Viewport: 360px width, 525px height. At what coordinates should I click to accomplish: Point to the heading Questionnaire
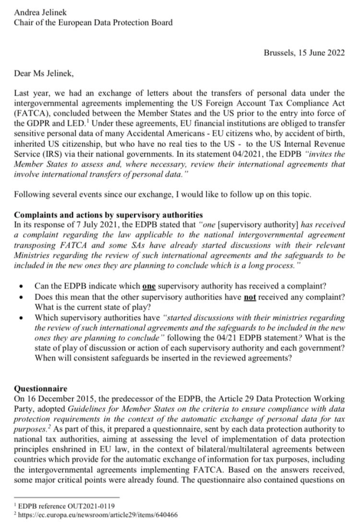[x=40, y=388]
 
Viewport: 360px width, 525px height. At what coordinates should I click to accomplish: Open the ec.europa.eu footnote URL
[x=90, y=514]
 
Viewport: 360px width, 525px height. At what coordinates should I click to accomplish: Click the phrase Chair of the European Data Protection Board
[x=93, y=23]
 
